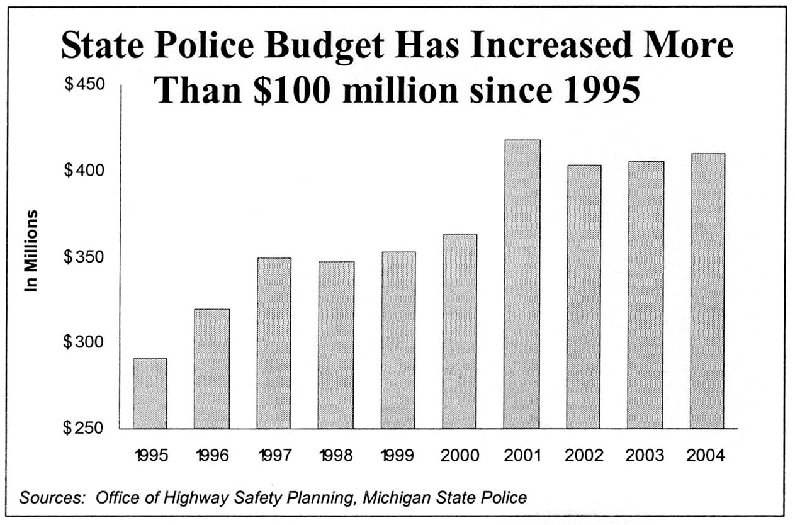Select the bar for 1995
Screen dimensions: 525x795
[150, 393]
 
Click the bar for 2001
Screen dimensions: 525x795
[521, 284]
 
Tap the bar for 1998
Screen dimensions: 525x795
[335, 345]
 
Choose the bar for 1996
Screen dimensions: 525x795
[211, 369]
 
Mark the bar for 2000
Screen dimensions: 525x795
[460, 331]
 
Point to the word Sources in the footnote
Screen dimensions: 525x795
[52, 498]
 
